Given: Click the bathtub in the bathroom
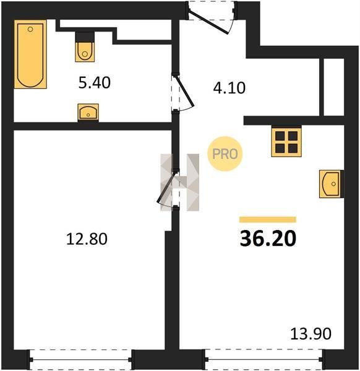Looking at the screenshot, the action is (x=30, y=54).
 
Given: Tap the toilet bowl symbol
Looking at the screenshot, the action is (x=85, y=52).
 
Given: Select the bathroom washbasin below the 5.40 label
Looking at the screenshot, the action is (x=88, y=112).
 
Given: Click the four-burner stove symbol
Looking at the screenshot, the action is (x=286, y=142).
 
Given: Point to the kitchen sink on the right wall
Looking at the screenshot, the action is (x=331, y=184).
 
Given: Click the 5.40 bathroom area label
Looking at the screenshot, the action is (x=95, y=83).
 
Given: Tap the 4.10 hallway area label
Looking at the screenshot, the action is (x=229, y=88).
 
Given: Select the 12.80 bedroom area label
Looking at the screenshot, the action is (x=87, y=239).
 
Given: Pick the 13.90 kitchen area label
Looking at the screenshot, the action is (x=311, y=334).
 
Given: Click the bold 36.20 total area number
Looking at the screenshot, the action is (x=268, y=239).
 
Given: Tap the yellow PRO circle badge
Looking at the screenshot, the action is (x=225, y=154).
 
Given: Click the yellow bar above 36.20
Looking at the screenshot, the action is (x=268, y=220).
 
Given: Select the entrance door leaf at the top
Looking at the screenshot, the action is (x=208, y=22).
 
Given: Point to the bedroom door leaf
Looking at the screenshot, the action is (x=166, y=187).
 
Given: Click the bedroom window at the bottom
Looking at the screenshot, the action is (x=80, y=360).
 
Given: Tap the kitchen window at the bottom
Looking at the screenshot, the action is (x=264, y=360).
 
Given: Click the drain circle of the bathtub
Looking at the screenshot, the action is (x=30, y=29).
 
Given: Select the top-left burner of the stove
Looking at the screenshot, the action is (x=280, y=136).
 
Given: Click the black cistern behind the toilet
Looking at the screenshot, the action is (x=85, y=37).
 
